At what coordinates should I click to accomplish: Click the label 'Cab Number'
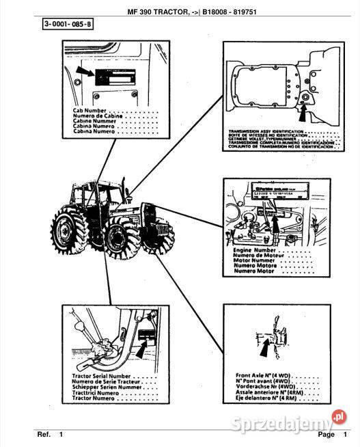coord(90,109)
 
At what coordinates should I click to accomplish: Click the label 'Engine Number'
coord(254,251)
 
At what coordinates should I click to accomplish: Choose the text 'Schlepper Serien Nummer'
coord(104,388)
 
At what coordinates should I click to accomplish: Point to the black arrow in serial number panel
coord(141,351)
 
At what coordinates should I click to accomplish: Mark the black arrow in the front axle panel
coord(264,348)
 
